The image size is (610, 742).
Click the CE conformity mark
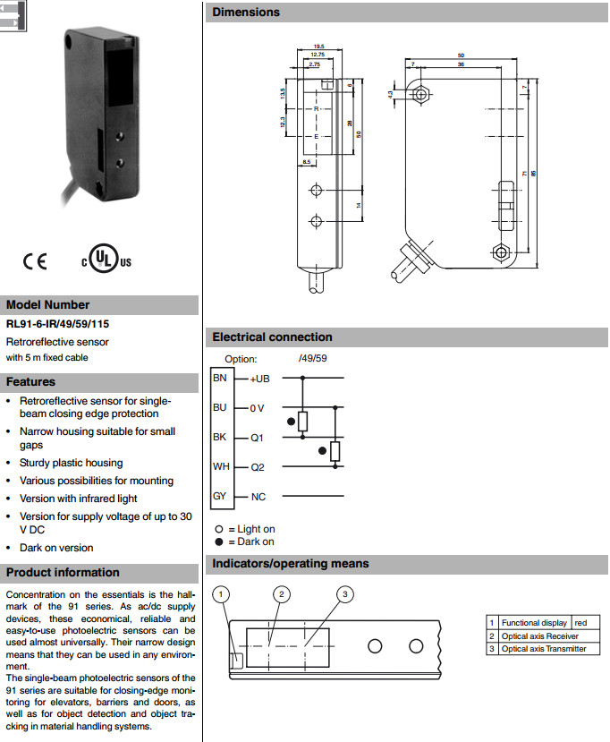coord(35,261)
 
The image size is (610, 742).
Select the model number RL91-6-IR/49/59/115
coord(57,324)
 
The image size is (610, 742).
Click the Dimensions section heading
coord(246,13)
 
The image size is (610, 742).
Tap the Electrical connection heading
coord(272,337)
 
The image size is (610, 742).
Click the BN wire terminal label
coord(220,378)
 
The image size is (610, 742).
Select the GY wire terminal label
coord(220,496)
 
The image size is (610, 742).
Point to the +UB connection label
coord(259,379)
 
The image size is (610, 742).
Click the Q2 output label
coord(258,467)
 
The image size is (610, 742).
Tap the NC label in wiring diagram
coord(258,497)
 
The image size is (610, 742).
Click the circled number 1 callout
coord(224,593)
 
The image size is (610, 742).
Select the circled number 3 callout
coord(346,593)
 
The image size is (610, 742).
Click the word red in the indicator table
coord(580,623)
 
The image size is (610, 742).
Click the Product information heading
coord(63,573)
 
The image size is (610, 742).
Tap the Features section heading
coord(31,382)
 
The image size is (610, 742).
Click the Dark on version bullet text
coord(56,548)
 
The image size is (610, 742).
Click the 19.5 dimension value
coord(319,46)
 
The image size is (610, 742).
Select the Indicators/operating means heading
coord(291,564)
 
